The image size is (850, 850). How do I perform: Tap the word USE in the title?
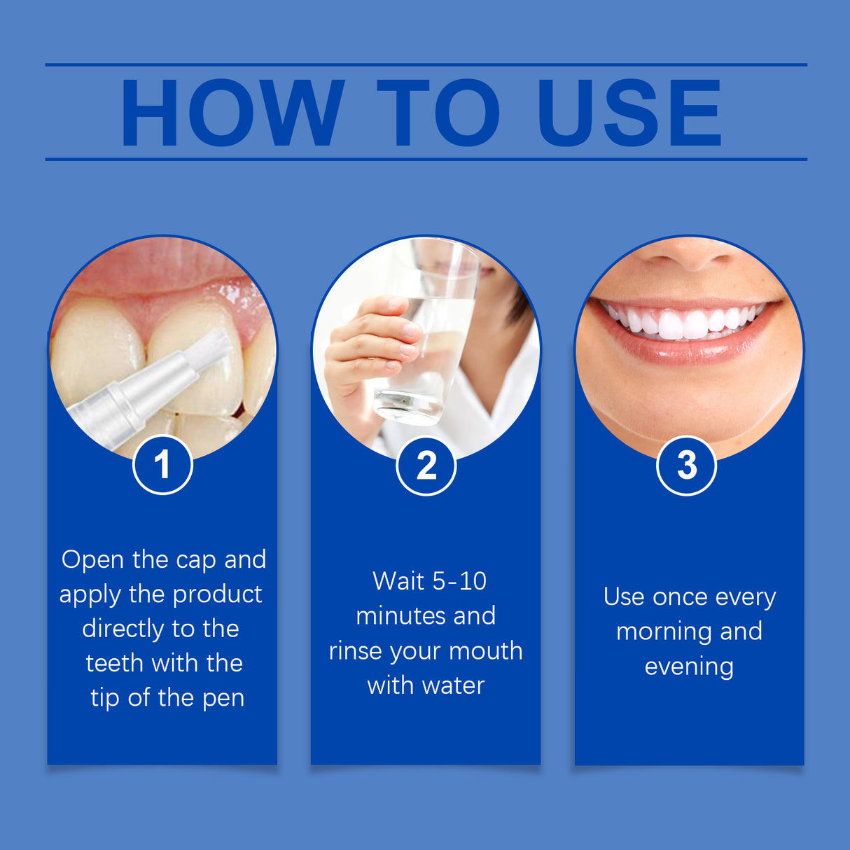(629, 113)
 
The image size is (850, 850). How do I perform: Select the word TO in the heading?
(438, 113)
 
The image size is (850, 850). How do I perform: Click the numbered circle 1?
(162, 465)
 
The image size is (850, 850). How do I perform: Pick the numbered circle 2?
(426, 466)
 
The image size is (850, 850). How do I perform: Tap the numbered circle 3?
(686, 466)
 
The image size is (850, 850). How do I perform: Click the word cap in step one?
(196, 560)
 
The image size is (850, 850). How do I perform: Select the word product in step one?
(217, 594)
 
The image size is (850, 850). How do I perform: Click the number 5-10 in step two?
(459, 581)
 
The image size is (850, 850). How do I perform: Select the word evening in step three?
(689, 667)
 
